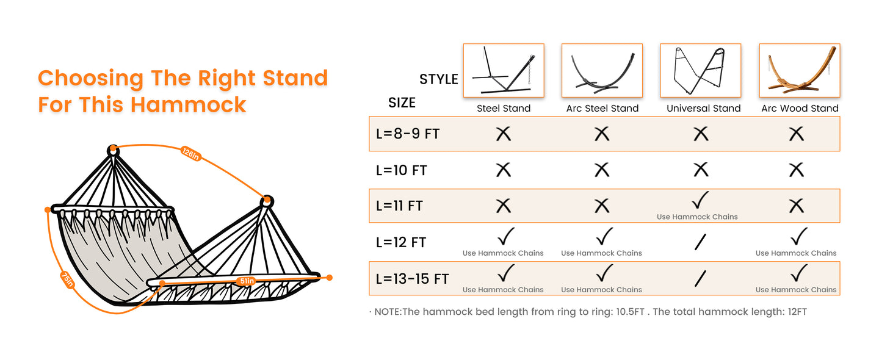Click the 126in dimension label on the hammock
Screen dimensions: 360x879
(190, 153)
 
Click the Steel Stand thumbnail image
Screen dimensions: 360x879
(503, 70)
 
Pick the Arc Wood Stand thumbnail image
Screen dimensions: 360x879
(800, 70)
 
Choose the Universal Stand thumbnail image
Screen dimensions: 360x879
(701, 70)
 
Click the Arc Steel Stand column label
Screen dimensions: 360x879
(602, 109)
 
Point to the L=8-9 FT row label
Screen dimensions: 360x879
(408, 134)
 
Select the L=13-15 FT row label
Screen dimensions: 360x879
(412, 279)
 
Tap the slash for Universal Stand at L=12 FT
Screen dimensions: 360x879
(700, 242)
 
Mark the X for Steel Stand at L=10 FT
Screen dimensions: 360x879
(503, 170)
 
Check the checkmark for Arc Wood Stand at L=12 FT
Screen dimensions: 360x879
(798, 237)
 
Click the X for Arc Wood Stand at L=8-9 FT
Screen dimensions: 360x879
(796, 134)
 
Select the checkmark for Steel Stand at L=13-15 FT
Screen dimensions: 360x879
(505, 273)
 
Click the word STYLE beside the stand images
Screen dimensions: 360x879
(438, 79)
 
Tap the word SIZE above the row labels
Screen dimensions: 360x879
(402, 103)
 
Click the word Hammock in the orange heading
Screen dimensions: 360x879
(189, 104)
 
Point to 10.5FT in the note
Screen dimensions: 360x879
(630, 312)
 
